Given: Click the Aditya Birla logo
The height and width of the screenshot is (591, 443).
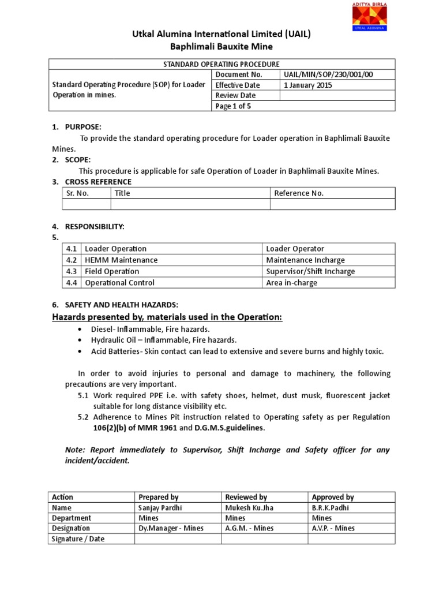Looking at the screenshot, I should [370, 16].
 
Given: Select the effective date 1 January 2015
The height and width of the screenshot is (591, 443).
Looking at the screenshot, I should [308, 85].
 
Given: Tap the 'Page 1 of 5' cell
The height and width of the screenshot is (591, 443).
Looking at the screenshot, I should [233, 106].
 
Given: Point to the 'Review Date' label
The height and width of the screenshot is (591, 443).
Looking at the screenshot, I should [235, 95].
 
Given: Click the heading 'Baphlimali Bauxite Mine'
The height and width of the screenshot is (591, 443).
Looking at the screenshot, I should [221, 46].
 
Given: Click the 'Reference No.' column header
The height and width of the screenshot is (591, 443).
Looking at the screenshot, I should [299, 193].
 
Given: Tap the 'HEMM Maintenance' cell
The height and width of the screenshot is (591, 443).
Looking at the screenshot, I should [121, 260].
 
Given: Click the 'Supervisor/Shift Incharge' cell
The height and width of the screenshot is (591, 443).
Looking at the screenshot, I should [310, 271].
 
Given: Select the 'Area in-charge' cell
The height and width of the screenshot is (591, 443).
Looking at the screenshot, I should [291, 283].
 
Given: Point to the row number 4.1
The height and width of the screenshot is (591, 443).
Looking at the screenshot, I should [72, 249].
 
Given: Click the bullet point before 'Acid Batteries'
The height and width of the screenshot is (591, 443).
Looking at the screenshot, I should [79, 351].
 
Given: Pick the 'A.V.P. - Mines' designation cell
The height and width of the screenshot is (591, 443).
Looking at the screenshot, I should [333, 528].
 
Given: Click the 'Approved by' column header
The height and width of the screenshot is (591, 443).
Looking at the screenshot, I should [333, 497].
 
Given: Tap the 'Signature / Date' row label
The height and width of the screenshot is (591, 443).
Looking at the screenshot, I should [78, 539].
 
